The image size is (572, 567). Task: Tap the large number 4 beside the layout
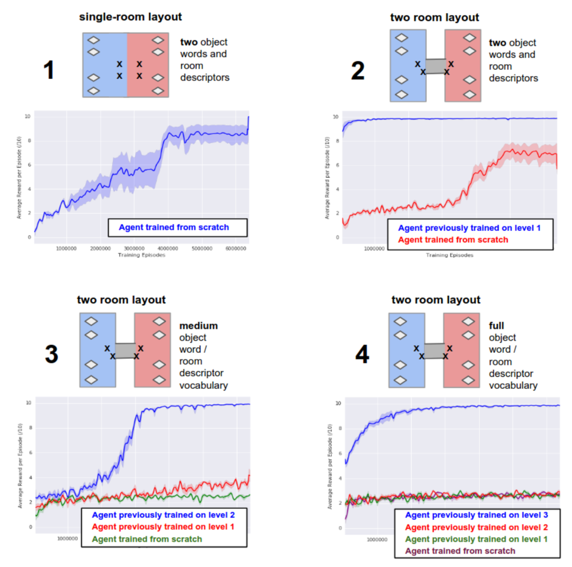[x=362, y=354]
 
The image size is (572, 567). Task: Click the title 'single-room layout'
[x=130, y=17]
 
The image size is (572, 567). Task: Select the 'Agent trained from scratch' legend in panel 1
[x=174, y=227]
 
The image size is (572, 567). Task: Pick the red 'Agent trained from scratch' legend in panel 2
[x=453, y=240]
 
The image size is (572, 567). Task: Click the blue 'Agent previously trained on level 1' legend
[x=469, y=228]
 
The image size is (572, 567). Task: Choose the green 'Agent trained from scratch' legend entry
[x=147, y=539]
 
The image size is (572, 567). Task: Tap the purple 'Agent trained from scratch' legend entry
[x=460, y=551]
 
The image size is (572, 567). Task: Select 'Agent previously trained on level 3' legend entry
[x=476, y=515]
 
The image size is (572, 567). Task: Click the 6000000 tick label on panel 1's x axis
[x=235, y=249]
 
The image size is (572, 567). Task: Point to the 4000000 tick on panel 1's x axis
[x=168, y=249]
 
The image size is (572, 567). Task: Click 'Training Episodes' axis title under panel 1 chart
[x=142, y=255]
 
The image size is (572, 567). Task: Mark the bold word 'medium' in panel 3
[x=198, y=326]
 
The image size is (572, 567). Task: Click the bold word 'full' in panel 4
[x=497, y=326]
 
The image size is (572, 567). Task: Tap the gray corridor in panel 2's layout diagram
[x=435, y=66]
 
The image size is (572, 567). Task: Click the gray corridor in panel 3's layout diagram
[x=125, y=351]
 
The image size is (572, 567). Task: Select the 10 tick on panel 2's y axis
[x=335, y=117]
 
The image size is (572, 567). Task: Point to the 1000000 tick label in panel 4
[x=377, y=540]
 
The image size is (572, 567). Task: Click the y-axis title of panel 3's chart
[x=20, y=465]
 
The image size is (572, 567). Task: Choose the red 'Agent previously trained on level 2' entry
[x=476, y=527]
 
